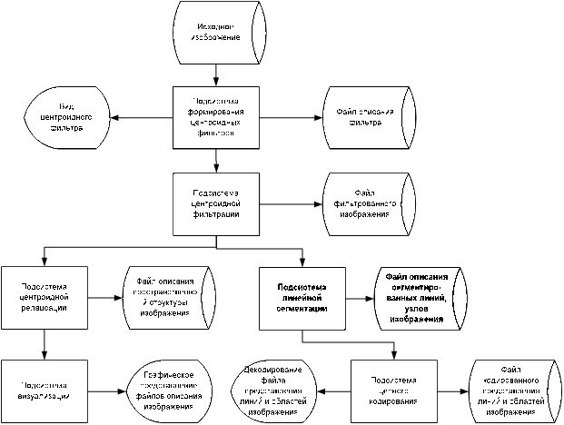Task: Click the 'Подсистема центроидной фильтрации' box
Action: tap(216, 205)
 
